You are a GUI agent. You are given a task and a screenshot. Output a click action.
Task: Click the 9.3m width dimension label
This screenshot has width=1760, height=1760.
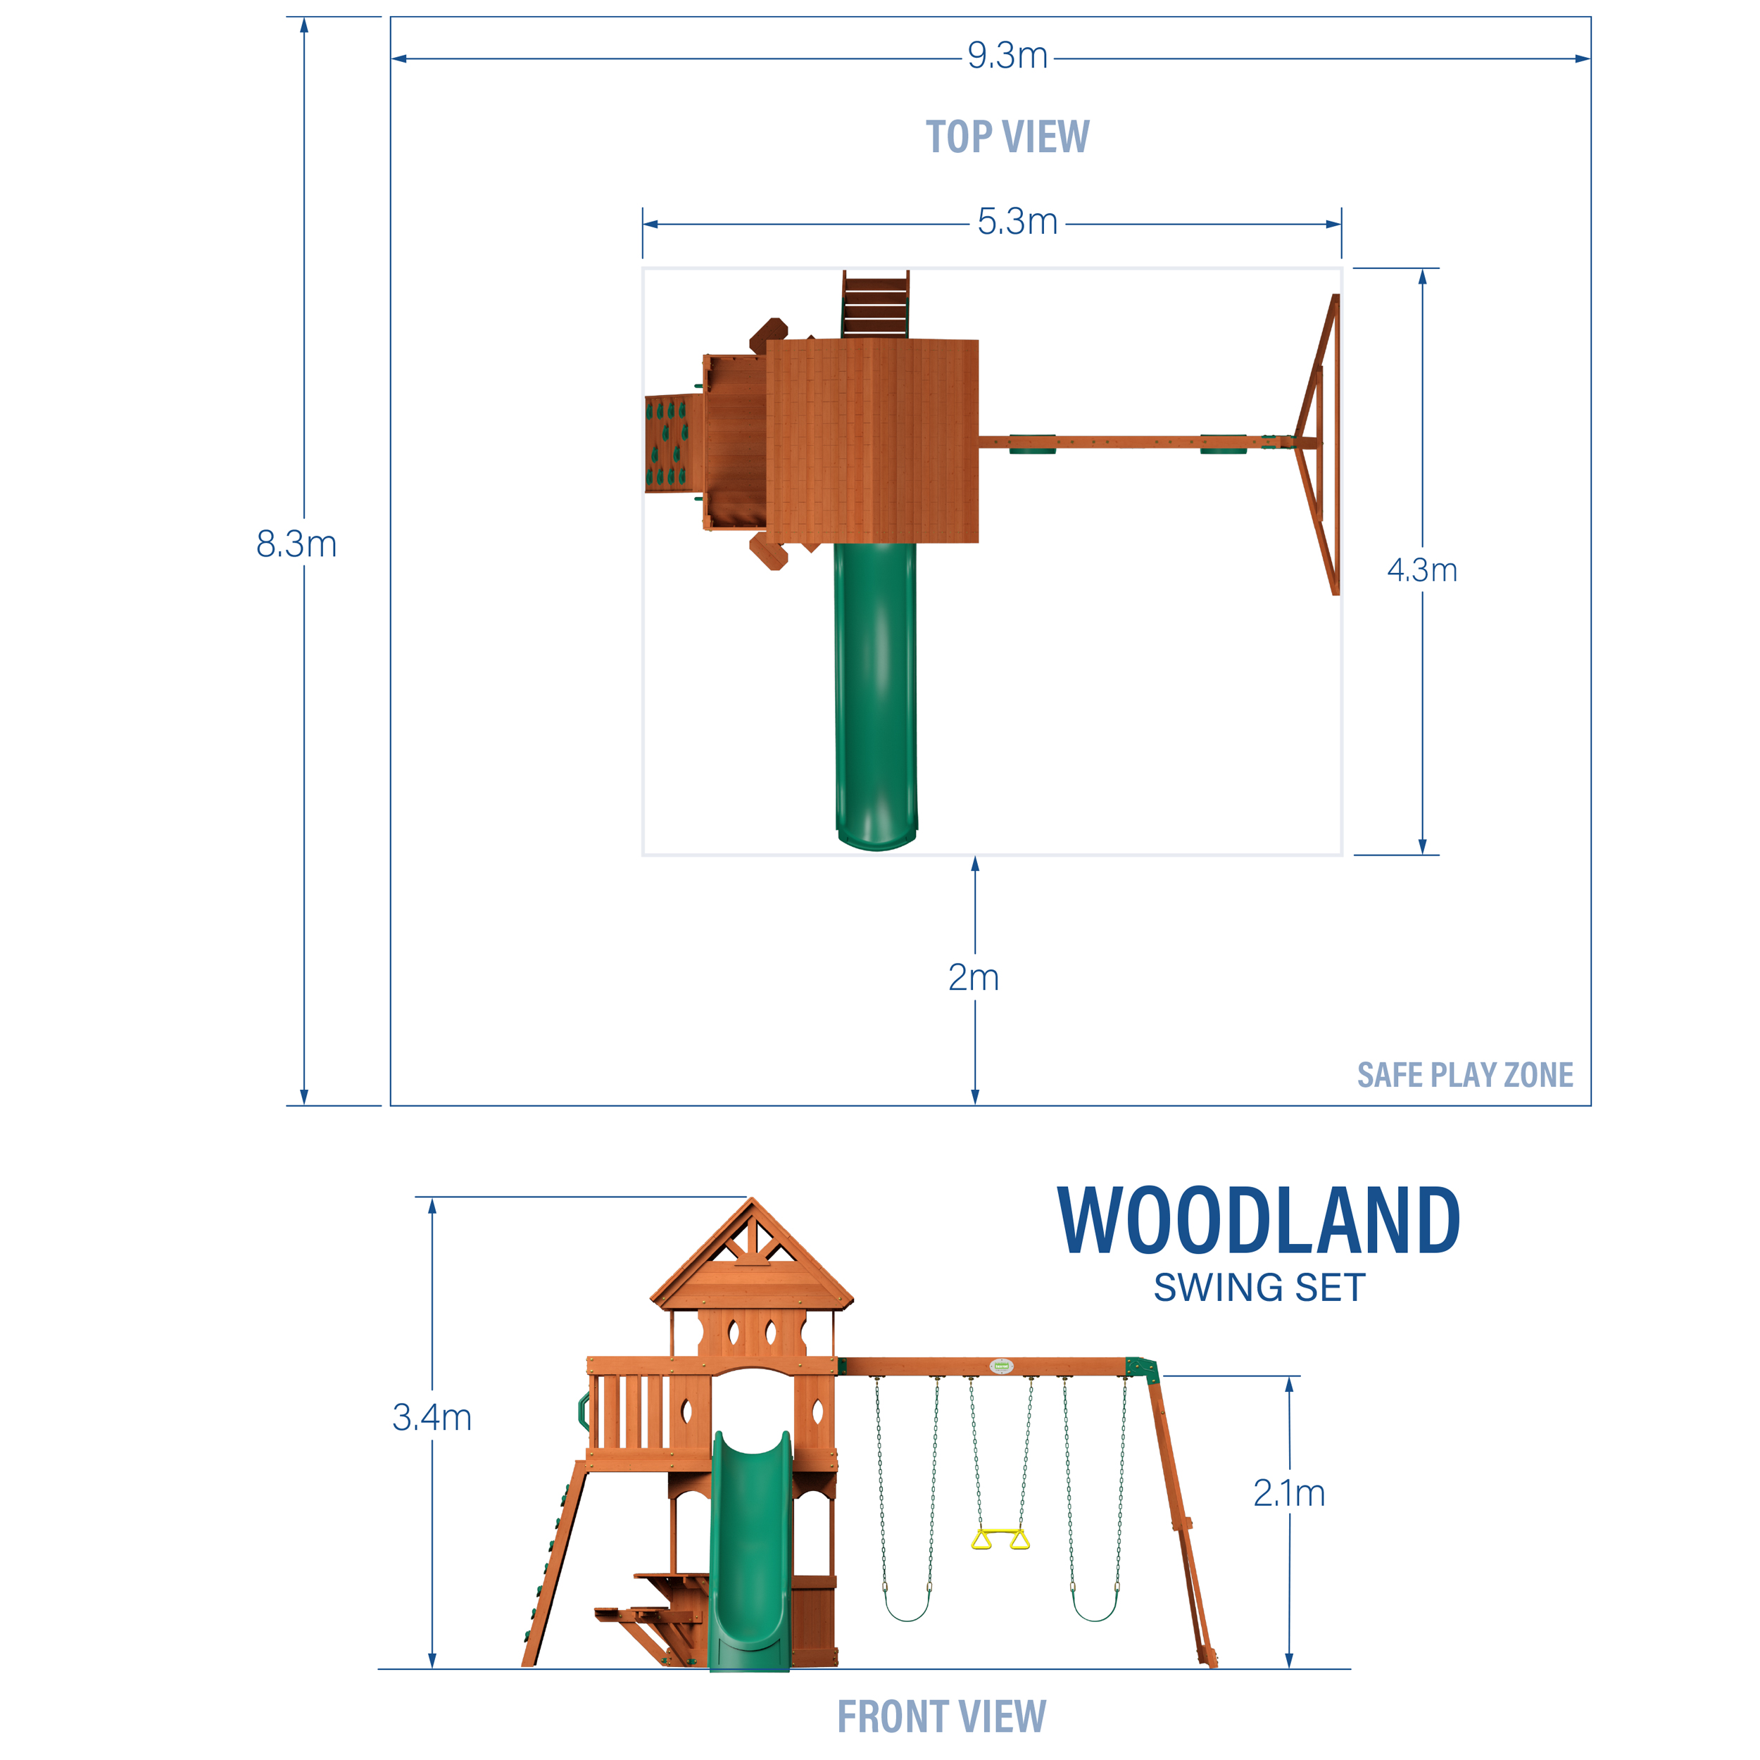click(1007, 56)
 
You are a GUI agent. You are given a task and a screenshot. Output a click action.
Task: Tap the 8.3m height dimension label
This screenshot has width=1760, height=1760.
click(296, 544)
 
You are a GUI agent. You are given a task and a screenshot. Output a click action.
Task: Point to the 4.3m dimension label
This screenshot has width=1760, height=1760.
click(1422, 570)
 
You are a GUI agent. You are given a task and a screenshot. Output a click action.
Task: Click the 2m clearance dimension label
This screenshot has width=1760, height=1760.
click(973, 977)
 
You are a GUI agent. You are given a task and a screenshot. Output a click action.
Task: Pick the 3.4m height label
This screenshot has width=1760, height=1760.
click(432, 1417)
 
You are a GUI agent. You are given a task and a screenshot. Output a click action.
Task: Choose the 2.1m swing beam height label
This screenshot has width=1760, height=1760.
click(1289, 1493)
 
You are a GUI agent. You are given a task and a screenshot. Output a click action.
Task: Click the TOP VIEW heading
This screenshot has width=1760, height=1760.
click(1007, 137)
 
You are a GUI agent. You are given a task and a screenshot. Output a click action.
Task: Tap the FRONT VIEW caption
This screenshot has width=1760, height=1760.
click(942, 1716)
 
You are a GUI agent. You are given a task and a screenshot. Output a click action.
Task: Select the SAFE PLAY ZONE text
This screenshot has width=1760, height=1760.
click(1465, 1075)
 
